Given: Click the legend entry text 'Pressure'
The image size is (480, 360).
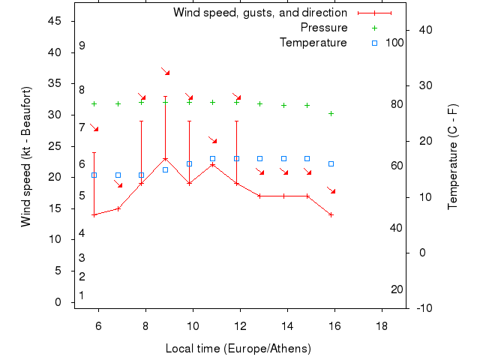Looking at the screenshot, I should [324, 28].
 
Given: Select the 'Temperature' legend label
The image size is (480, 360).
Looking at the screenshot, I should [313, 43].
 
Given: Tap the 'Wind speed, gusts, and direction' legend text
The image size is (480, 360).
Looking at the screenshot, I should [259, 13].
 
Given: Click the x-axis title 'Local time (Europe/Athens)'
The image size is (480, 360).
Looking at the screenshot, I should [238, 349].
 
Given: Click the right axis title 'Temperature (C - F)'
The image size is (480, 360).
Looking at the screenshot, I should [452, 157].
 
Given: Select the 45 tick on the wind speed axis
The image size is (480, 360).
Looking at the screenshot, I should [55, 21].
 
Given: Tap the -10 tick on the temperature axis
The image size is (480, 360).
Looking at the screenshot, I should [423, 307].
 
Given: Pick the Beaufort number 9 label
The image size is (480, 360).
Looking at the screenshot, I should [82, 46].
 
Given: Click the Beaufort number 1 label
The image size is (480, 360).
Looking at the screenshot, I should [82, 295].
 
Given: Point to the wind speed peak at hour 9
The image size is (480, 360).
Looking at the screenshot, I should [165, 158].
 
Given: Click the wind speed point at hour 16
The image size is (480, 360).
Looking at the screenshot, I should [331, 214].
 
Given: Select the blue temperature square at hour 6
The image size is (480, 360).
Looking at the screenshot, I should [94, 175].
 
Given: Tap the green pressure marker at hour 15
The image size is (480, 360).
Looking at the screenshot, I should [307, 105].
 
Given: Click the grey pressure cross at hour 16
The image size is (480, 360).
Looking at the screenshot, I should [331, 113].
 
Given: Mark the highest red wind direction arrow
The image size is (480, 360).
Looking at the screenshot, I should [166, 71].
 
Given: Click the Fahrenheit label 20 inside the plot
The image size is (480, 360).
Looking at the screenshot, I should [397, 289].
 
